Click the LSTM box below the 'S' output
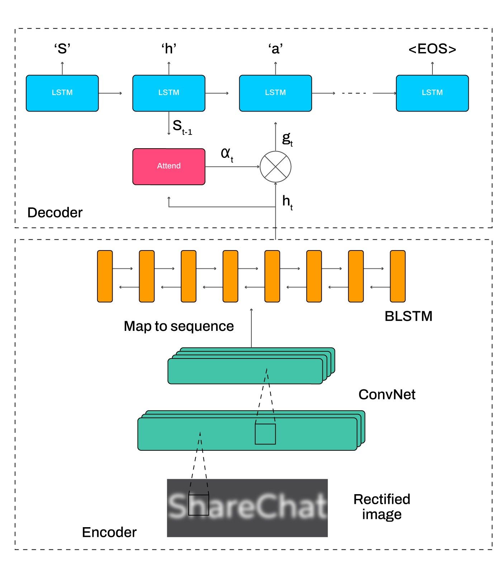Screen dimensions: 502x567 pos(62,93)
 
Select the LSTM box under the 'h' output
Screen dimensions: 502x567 pos(169,93)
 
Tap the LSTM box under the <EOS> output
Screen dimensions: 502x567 pos(432,93)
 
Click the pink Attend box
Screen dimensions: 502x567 pos(169,167)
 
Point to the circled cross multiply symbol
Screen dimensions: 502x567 pos(275,167)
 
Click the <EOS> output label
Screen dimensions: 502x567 pos(432,49)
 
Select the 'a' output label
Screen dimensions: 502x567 pos(275,49)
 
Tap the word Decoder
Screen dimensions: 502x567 pos(55,212)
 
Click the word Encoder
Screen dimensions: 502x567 pos(109,532)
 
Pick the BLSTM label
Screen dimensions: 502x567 pos(408,316)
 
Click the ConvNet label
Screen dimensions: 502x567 pos(387,394)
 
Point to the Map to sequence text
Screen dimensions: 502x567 pos(179,326)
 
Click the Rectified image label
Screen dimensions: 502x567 pos(382,507)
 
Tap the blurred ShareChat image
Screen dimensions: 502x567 pos(247,508)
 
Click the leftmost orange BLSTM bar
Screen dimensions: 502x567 pos(105,276)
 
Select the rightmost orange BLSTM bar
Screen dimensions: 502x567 pos(398,276)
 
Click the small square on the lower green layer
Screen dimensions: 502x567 pos(265,434)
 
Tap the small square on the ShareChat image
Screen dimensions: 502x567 pos(199,505)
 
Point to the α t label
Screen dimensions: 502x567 pos(227,154)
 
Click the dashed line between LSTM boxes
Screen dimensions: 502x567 pos(354,93)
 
